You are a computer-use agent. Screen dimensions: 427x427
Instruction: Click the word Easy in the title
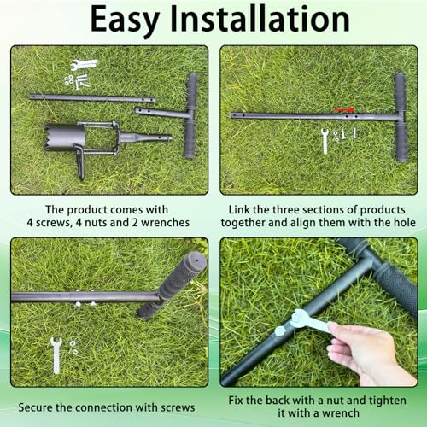point(125,20)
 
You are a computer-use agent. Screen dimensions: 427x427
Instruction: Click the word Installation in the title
point(260,19)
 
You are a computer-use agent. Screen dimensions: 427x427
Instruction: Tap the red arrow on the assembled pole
point(343,110)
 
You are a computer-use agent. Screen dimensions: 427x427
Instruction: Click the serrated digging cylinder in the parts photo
point(65,136)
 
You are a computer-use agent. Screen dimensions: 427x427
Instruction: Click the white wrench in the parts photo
point(85,64)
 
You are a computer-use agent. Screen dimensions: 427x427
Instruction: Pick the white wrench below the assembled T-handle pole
point(325,141)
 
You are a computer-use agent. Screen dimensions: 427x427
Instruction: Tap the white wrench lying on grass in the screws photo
point(56,354)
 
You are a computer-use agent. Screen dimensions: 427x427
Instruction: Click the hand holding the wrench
point(367,353)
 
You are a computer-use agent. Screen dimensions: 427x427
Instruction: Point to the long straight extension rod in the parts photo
point(92,98)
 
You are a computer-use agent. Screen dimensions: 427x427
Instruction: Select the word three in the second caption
point(285,210)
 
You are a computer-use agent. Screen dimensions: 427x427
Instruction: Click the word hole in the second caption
point(404,222)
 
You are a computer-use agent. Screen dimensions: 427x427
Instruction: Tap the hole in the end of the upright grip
point(196,260)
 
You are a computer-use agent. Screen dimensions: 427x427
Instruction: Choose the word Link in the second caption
point(239,210)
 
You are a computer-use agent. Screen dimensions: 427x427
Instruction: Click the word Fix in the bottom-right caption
point(236,401)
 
